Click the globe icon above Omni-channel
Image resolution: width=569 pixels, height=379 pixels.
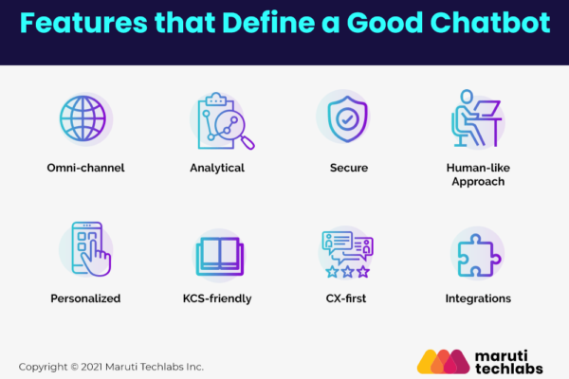click(83, 118)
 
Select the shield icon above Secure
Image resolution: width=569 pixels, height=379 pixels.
click(348, 118)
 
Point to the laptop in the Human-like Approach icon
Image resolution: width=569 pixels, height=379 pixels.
click(486, 108)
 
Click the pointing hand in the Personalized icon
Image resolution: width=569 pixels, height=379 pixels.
click(96, 258)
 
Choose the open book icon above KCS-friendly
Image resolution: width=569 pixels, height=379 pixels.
click(220, 256)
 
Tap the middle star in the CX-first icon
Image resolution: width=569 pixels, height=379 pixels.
click(348, 271)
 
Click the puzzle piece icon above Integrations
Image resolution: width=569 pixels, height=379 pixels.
click(479, 255)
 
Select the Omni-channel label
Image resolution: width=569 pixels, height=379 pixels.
click(85, 168)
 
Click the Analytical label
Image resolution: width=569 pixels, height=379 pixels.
click(217, 168)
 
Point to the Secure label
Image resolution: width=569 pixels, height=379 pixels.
click(349, 168)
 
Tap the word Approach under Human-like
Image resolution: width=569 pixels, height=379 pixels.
click(478, 181)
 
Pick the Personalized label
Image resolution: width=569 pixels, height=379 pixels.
click(85, 298)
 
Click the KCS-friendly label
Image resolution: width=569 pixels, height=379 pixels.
click(217, 298)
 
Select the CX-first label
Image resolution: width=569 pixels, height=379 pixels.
click(346, 298)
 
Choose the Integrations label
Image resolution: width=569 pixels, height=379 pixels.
click(478, 298)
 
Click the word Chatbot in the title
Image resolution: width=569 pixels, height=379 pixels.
click(490, 23)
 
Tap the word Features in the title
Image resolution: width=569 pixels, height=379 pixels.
click(83, 23)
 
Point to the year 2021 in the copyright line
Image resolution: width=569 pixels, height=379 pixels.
click(91, 367)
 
